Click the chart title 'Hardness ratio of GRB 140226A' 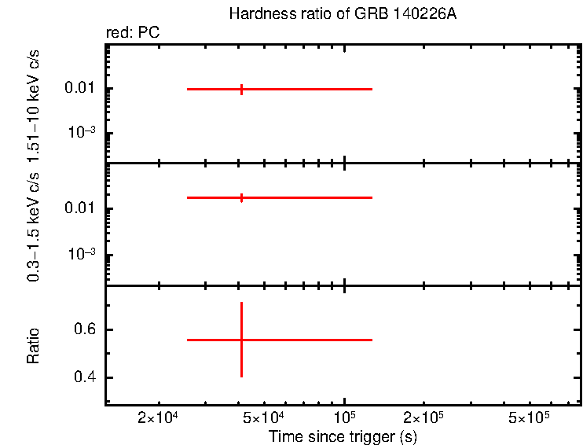[x=342, y=14]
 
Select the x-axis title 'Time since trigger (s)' [x=342, y=436]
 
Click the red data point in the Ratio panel [x=241, y=340]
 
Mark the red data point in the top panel [x=241, y=89]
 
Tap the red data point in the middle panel [x=241, y=197]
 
